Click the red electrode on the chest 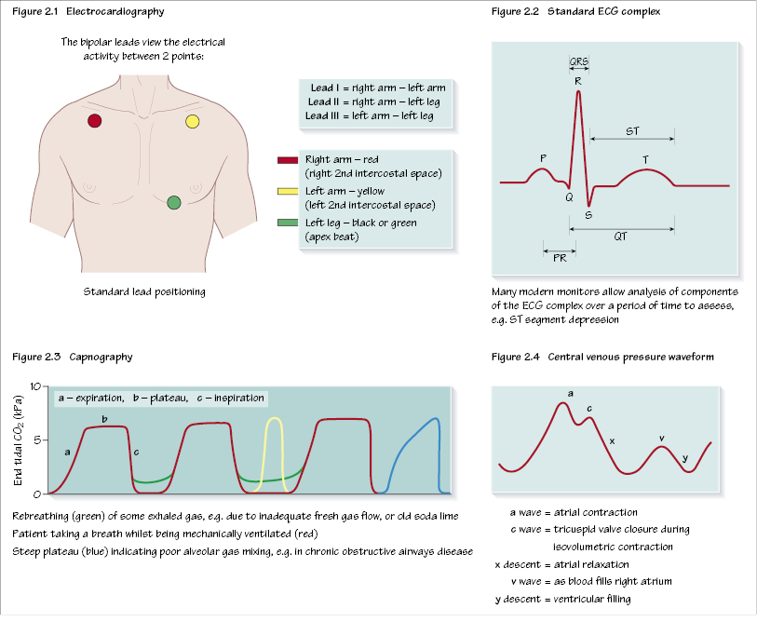click(94, 121)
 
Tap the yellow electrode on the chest click(193, 121)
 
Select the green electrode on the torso click(174, 203)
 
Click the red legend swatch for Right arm click(287, 160)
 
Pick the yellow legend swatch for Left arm click(287, 192)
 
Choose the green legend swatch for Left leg click(287, 223)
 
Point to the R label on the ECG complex click(578, 81)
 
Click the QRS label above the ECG click(578, 63)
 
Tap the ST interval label click(632, 131)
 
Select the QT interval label click(620, 237)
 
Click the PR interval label click(560, 258)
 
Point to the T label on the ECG click(645, 160)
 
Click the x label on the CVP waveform click(612, 439)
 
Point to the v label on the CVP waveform click(661, 437)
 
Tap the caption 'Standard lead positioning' click(144, 292)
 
